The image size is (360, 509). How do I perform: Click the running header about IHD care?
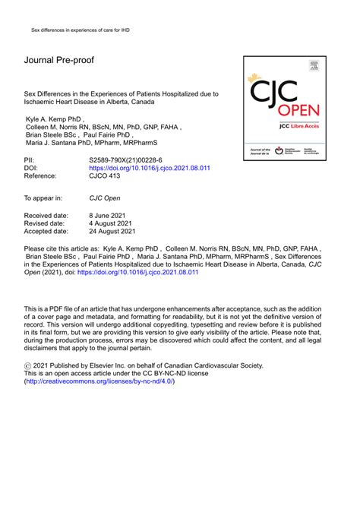click(x=74, y=30)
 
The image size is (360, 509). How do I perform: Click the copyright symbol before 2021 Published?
click(x=29, y=365)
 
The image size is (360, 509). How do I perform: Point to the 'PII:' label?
click(x=31, y=160)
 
